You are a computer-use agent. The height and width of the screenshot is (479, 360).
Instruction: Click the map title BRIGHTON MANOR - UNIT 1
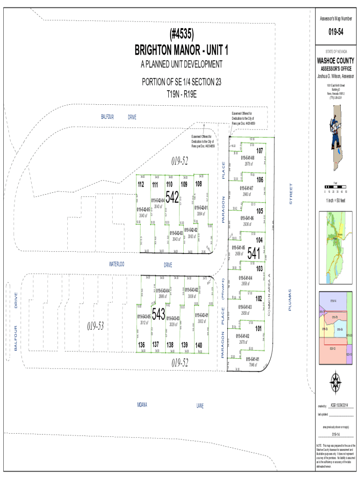182,49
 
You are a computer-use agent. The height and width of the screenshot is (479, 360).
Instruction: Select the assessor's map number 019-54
335,32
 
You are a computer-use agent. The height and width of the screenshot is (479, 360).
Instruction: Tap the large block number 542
172,197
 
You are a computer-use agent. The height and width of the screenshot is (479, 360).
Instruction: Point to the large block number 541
253,253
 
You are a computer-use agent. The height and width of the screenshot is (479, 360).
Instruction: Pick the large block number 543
158,314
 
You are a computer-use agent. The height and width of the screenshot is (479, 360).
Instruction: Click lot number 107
259,150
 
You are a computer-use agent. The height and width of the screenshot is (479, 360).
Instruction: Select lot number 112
140,185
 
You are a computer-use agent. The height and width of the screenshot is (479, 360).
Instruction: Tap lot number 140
198,345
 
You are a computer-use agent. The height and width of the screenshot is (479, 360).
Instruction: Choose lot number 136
141,345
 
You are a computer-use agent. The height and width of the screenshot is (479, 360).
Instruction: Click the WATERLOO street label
116,264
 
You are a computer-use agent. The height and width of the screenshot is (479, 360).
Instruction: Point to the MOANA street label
142,404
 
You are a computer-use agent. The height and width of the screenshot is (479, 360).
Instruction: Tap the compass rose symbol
335,379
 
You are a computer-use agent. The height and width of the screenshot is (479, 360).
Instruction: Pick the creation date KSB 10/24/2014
342,405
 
